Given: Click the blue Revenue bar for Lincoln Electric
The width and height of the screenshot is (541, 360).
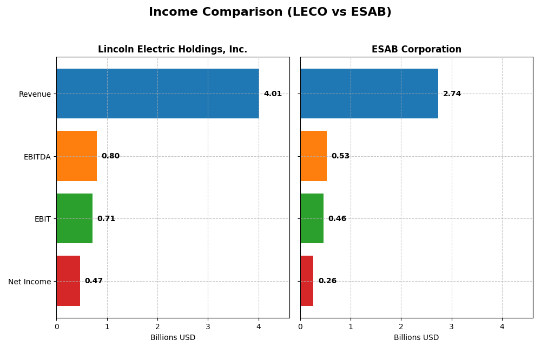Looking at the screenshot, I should [157, 94].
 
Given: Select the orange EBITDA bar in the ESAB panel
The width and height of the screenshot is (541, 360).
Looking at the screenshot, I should [313, 156].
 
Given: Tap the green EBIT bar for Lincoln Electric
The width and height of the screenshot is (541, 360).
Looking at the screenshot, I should [74, 218].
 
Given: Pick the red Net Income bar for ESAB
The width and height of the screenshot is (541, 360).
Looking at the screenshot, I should [307, 281].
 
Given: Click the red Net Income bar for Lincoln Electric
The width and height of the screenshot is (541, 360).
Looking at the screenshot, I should [68, 281].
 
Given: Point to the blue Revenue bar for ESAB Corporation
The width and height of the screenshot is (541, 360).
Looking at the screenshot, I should [369, 94].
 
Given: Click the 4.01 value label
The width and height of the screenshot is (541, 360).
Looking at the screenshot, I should [273, 94].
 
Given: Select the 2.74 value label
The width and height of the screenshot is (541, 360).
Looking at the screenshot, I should [452, 94].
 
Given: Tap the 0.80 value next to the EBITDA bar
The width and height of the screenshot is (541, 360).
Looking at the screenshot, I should [110, 156].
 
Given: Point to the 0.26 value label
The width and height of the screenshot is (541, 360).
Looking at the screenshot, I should [327, 281].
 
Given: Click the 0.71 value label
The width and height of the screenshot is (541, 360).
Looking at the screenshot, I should [106, 219].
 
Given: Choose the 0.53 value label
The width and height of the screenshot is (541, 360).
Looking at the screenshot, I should [340, 156].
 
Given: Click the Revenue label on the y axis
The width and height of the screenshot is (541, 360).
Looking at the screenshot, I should [35, 94].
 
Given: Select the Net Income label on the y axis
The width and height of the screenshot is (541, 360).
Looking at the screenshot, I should [30, 282].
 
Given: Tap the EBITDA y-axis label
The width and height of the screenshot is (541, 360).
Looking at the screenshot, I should [37, 157].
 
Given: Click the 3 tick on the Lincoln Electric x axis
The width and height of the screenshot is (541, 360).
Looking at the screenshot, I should [208, 326].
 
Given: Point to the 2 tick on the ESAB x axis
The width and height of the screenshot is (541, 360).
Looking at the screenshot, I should [401, 326].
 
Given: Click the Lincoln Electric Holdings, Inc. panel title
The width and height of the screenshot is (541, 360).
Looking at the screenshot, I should [173, 50].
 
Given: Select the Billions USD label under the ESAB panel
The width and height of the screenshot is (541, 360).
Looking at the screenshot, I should [416, 338].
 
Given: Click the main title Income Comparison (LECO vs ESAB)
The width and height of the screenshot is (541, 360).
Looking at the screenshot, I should [270, 12].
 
